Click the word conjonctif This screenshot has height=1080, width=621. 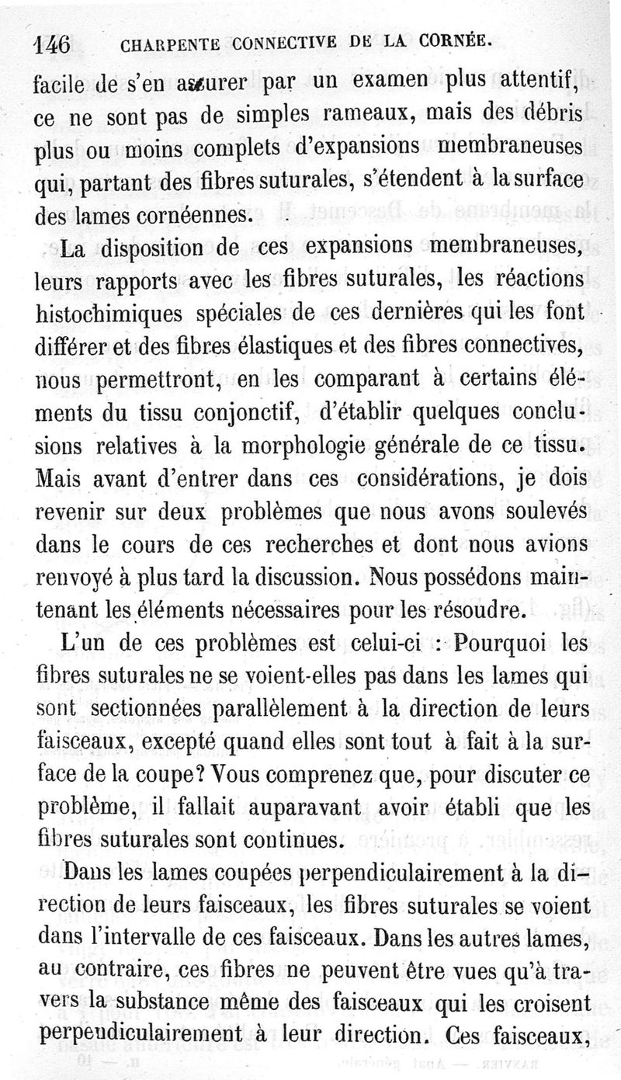(242, 415)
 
